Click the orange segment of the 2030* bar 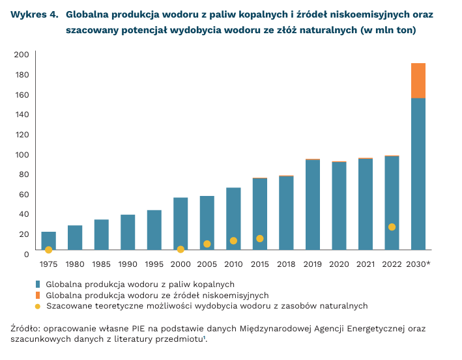click(x=418, y=81)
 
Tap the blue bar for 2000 click(x=180, y=221)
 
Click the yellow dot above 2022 click(x=392, y=227)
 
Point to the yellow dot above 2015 click(x=259, y=238)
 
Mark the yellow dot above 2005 click(x=207, y=244)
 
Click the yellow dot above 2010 click(x=233, y=241)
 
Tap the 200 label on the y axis click(x=22, y=55)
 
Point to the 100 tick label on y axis click(x=22, y=154)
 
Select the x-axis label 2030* click(x=418, y=264)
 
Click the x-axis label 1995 click(x=154, y=264)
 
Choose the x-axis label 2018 click(x=286, y=264)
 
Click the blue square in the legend click(x=38, y=284)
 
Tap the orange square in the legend click(x=38, y=295)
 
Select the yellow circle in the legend click(x=38, y=306)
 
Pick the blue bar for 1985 click(x=101, y=235)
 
